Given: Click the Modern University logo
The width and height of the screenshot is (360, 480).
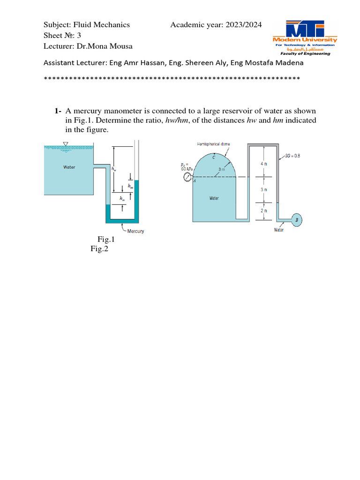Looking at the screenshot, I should (x=305, y=37).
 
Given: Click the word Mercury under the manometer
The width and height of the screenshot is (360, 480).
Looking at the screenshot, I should (x=135, y=231).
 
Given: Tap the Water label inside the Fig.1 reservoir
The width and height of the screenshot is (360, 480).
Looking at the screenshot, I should (x=69, y=167).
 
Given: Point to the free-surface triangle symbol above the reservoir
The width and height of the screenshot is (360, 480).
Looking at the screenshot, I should (x=66, y=143).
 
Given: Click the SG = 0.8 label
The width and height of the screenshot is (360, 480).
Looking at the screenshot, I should (x=293, y=155).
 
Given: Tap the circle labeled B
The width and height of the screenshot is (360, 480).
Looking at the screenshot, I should (x=296, y=219).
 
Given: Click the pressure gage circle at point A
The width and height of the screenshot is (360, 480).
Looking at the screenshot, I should (x=188, y=177).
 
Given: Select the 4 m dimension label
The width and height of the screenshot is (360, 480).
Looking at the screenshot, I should (x=264, y=164).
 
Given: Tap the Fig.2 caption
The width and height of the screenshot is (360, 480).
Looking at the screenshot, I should (x=99, y=249).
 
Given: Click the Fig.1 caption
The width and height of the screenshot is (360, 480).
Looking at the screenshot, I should (x=106, y=240).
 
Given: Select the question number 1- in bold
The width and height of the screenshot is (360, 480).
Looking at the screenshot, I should (x=58, y=111).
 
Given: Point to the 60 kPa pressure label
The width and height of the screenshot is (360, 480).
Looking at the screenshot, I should (x=180, y=166).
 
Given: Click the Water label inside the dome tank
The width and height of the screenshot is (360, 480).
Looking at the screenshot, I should (x=214, y=198).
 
